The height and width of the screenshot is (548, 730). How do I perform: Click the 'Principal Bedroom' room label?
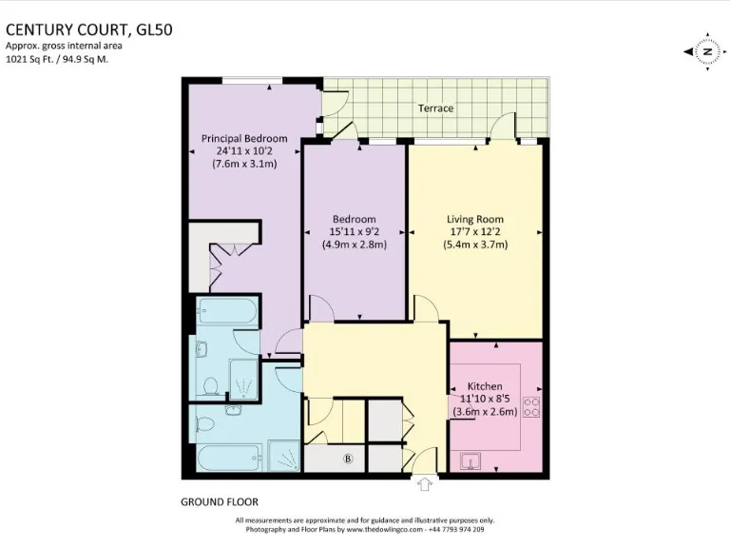(x=243, y=138)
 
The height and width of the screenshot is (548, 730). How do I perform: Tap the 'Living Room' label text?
(x=475, y=218)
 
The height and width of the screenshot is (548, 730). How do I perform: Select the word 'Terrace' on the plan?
(x=435, y=108)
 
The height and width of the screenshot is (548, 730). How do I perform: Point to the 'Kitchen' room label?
(x=484, y=386)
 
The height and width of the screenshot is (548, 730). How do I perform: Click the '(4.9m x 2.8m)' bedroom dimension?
(x=353, y=244)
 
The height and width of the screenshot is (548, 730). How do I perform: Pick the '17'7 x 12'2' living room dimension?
(x=475, y=231)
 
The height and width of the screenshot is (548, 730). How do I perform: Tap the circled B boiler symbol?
(x=348, y=459)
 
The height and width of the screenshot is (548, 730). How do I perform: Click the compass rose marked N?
(x=705, y=51)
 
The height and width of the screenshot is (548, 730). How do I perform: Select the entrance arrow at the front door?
(x=425, y=485)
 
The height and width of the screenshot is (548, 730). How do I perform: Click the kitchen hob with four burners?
(x=532, y=407)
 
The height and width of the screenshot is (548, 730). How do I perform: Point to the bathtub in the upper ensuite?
(x=226, y=312)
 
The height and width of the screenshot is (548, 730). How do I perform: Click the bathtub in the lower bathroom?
(x=226, y=458)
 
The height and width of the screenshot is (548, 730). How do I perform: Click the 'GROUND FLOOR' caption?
(x=219, y=501)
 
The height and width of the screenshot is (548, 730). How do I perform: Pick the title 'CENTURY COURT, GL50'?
(x=76, y=29)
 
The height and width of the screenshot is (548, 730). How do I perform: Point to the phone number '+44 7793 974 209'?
(x=460, y=528)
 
